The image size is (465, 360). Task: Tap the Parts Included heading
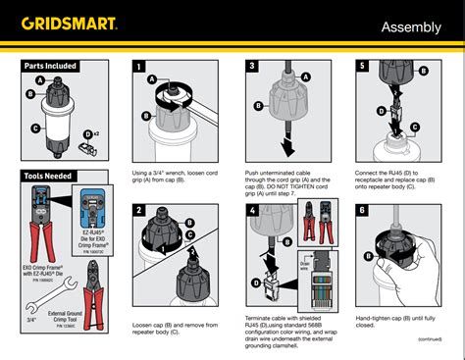(x=50, y=66)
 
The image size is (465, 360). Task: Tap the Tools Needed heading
(x=48, y=177)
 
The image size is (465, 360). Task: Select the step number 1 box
(x=139, y=66)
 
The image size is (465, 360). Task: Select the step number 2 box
(x=139, y=211)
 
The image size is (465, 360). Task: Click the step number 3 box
(x=251, y=66)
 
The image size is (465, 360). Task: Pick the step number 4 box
(x=251, y=211)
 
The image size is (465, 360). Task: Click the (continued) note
(x=428, y=338)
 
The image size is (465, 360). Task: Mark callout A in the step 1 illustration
(x=152, y=78)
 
